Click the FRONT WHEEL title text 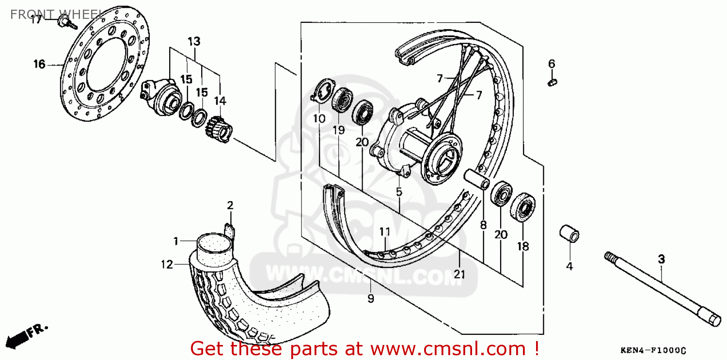(56, 13)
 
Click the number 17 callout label (36, 20)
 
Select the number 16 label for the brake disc (39, 64)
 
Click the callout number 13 (194, 42)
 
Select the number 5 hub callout (399, 192)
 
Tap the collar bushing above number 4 (569, 235)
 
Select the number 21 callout (459, 275)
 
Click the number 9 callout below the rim (371, 299)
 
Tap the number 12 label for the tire (167, 264)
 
